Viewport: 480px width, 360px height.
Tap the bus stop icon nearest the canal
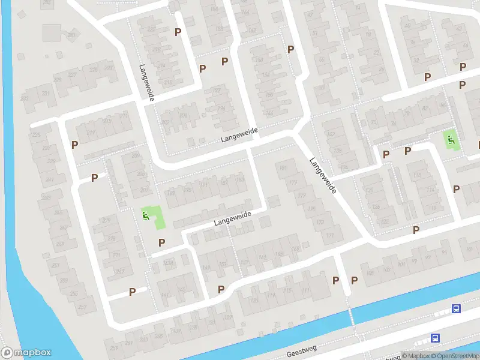click(x=457, y=309)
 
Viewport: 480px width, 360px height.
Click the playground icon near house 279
click(x=145, y=214)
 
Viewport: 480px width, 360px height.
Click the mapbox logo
click(x=26, y=353)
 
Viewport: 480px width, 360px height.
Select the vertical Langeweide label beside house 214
click(x=146, y=83)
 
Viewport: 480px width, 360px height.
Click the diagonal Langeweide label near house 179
click(x=323, y=175)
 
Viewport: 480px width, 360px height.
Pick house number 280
click(x=71, y=35)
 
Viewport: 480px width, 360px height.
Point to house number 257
click(x=82, y=307)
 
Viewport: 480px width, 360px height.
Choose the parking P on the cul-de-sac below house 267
click(x=133, y=292)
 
